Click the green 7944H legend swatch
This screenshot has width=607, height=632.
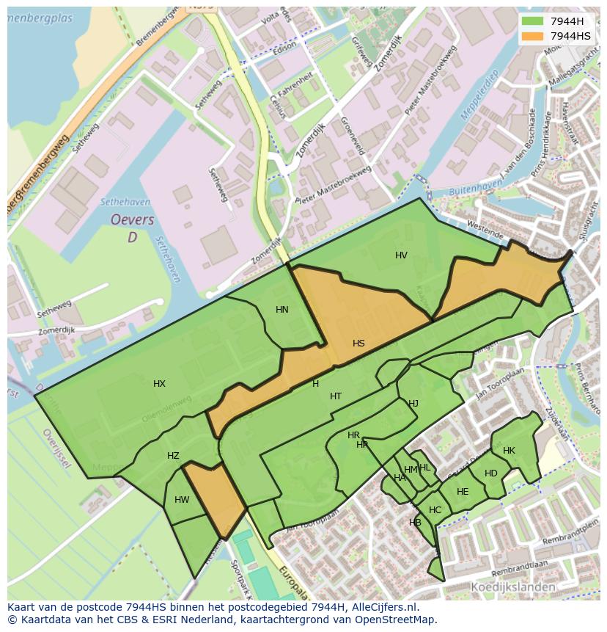pyautogui.click(x=533, y=21)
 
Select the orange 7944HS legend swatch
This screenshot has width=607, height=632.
pyautogui.click(x=533, y=36)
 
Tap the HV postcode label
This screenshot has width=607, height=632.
pyautogui.click(x=401, y=255)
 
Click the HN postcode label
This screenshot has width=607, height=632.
pyautogui.click(x=282, y=310)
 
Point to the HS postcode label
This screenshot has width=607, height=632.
pyautogui.click(x=358, y=344)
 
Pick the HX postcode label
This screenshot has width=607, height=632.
pyautogui.click(x=159, y=384)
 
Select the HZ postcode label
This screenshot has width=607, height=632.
pyautogui.click(x=173, y=456)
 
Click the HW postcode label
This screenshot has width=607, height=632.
pyautogui.click(x=182, y=501)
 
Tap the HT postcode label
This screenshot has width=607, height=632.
pyautogui.click(x=336, y=396)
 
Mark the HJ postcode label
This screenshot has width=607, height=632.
pyautogui.click(x=413, y=404)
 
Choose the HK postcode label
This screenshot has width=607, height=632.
pyautogui.click(x=509, y=451)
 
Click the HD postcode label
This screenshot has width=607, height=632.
pyautogui.click(x=491, y=473)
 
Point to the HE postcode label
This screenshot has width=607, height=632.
pyautogui.click(x=463, y=492)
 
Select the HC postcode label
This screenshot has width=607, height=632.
pyautogui.click(x=435, y=510)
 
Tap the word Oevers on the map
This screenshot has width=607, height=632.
pyautogui.click(x=132, y=220)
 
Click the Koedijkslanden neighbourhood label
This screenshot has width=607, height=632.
pyautogui.click(x=512, y=587)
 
